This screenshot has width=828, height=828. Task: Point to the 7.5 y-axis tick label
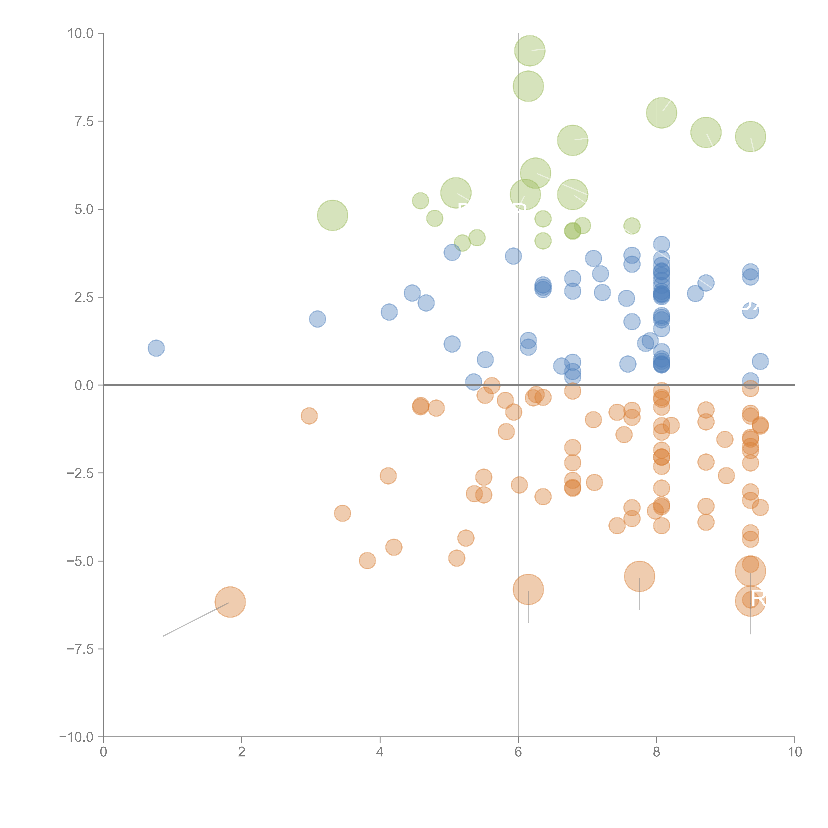[84, 121]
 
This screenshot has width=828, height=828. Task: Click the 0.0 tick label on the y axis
[84, 385]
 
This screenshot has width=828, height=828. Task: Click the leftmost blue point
[156, 348]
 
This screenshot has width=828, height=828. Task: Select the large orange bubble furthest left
[230, 602]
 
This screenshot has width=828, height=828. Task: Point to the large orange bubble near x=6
[528, 589]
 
